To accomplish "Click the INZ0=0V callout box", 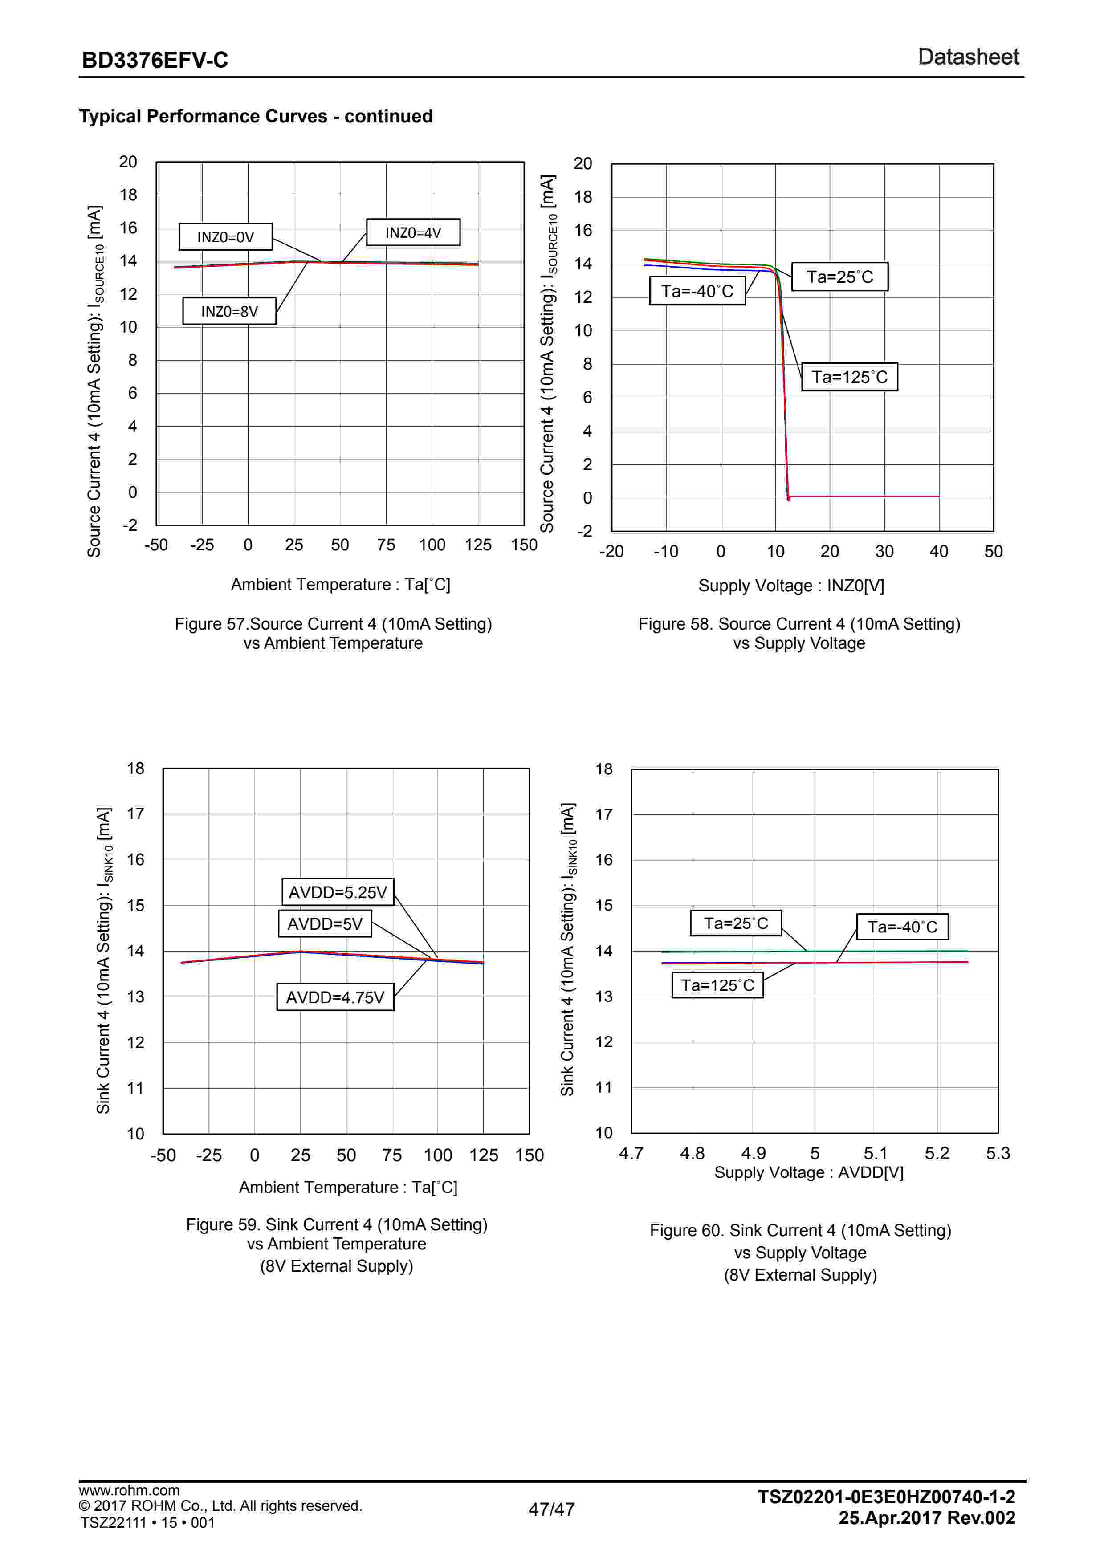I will pos(225,237).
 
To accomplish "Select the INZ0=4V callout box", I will pos(413,233).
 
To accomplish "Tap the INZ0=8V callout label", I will pos(229,312).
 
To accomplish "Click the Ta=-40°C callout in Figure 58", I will pos(697,291).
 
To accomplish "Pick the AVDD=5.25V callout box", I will pos(338,892).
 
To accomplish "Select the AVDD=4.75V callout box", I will pos(334,997).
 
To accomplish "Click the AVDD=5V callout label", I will pos(325,924).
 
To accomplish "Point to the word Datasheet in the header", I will pos(968,57).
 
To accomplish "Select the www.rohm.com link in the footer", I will pos(129,1490).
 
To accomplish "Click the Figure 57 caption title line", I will pos(333,624).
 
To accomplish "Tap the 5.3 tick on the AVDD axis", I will pos(997,1153).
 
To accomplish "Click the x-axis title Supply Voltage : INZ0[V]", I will pos(791,586).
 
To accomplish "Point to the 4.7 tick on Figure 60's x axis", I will pos(631,1153).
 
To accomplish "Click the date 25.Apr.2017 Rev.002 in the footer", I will pos(926,1518).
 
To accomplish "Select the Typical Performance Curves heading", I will pos(256,116).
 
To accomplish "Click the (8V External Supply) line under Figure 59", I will pos(337,1266).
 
